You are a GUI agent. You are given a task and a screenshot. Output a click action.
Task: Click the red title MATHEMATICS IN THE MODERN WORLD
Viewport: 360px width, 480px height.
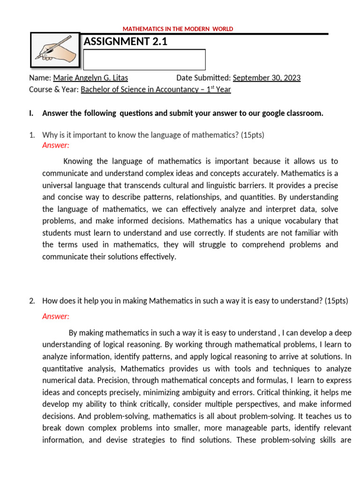178,29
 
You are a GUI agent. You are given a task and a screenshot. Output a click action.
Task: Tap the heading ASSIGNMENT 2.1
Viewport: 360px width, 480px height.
125,42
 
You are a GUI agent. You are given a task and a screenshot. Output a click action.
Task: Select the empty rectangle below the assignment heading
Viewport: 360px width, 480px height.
144,60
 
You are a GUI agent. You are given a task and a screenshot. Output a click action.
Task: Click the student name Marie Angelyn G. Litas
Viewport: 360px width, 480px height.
90,78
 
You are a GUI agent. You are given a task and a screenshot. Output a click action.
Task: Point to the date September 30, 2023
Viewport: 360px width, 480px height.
267,78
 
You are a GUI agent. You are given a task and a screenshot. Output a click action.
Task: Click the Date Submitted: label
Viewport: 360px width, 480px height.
203,78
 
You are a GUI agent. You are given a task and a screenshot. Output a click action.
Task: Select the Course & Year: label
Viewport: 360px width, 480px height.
54,90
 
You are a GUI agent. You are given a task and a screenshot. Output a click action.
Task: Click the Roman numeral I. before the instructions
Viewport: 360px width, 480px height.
31,113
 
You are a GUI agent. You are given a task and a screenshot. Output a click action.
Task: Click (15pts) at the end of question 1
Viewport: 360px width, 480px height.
253,135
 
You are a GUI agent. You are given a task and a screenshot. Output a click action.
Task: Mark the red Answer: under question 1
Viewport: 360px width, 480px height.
56,145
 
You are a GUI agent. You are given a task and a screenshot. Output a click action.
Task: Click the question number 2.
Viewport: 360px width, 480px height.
32,301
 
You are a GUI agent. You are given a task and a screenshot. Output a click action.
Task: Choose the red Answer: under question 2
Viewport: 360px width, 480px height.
56,316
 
